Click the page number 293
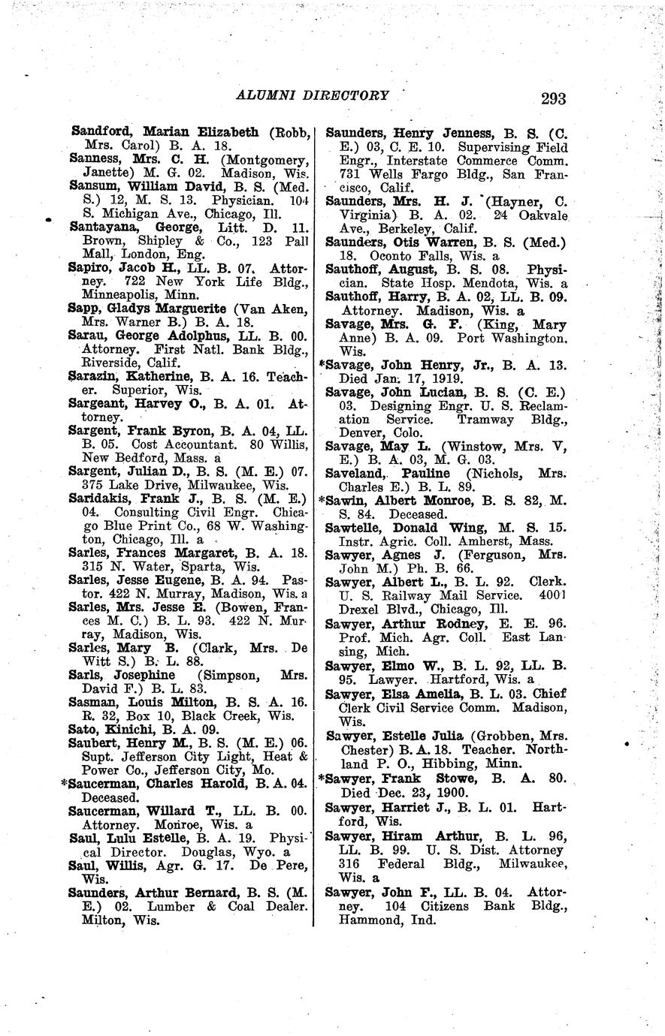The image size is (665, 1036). (552, 98)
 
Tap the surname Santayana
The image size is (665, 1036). (101, 225)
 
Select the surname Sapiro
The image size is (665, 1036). (89, 267)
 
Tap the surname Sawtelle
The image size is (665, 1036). (355, 529)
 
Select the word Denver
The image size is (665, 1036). (349, 433)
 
